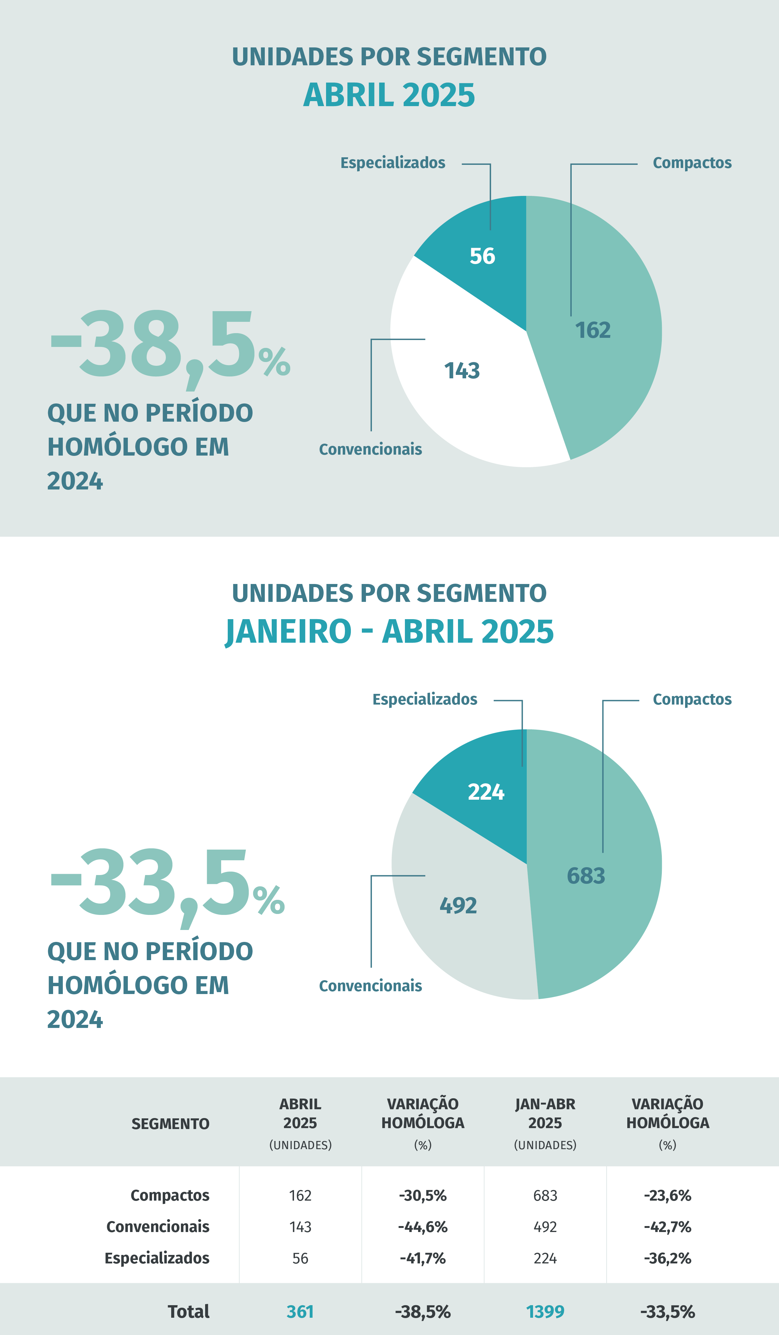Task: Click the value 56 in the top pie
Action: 482,256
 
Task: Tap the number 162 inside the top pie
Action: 593,330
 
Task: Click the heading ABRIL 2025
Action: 389,95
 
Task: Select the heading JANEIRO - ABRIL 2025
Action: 389,631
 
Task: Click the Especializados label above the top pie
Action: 393,163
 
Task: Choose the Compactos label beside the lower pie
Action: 692,699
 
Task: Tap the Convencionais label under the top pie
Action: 370,449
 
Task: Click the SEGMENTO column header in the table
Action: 170,1124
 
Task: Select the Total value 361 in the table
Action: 300,1312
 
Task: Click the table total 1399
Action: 545,1312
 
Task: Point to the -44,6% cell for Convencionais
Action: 422,1227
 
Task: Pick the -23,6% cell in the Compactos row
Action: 667,1196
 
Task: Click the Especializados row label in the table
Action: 157,1258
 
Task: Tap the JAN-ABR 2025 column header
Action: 545,1114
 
